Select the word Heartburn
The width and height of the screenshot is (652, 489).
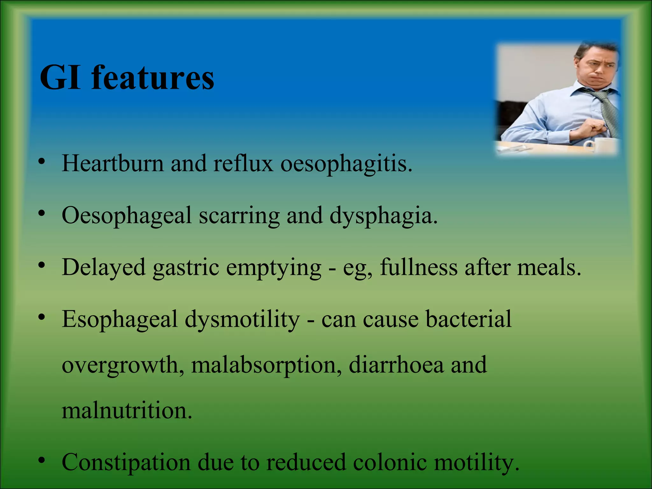point(112,163)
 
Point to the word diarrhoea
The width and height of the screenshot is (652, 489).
point(396,365)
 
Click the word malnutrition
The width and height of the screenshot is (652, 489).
point(127,411)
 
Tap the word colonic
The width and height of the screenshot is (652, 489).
point(390,462)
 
